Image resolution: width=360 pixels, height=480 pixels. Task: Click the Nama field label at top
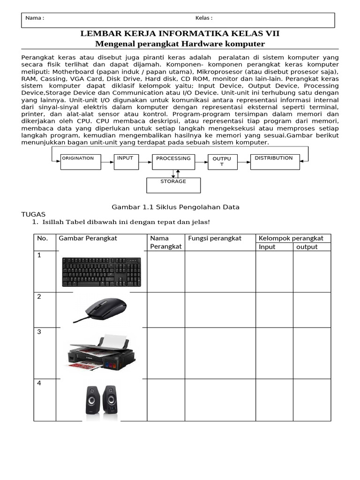pyautogui.click(x=35, y=18)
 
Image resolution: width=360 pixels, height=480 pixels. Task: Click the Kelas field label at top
pyautogui.click(x=204, y=18)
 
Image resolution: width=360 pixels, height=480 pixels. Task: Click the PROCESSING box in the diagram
pyautogui.click(x=173, y=162)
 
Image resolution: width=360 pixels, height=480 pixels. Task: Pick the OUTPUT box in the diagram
pyautogui.click(x=222, y=162)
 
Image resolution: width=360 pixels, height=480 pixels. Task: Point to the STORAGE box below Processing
pyautogui.click(x=173, y=185)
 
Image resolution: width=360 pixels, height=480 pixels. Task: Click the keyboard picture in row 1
pyautogui.click(x=101, y=272)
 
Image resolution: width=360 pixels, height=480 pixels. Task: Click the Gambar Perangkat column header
pyautogui.click(x=88, y=238)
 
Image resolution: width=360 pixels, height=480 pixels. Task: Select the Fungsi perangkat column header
pyautogui.click(x=215, y=238)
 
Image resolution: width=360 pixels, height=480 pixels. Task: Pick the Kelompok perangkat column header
pyautogui.click(x=293, y=238)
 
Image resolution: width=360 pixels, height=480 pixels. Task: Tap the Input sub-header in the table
pyautogui.click(x=267, y=247)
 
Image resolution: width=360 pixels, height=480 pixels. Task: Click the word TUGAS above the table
pyautogui.click(x=34, y=214)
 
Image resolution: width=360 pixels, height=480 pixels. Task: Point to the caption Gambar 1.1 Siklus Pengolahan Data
pyautogui.click(x=175, y=207)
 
